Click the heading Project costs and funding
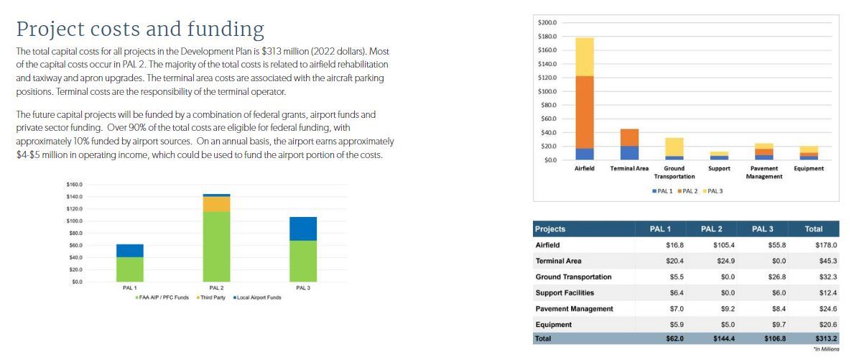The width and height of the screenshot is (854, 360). point(140,29)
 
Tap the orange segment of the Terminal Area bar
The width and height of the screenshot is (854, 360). point(629,137)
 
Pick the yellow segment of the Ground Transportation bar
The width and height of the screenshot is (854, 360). point(674,147)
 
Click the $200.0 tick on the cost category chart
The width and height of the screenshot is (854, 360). point(547,24)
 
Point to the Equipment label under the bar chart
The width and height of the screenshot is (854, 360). point(809,168)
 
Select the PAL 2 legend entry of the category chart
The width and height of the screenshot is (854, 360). point(689,190)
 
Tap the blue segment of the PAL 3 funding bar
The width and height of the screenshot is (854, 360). point(303,229)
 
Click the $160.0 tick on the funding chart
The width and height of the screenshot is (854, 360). point(74,185)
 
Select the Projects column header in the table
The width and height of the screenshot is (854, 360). point(551,229)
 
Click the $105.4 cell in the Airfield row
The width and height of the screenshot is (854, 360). point(723,245)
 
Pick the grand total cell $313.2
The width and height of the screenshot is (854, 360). point(826,338)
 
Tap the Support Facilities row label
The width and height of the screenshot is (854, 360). point(565,292)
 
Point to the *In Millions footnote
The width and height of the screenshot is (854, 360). point(825,349)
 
